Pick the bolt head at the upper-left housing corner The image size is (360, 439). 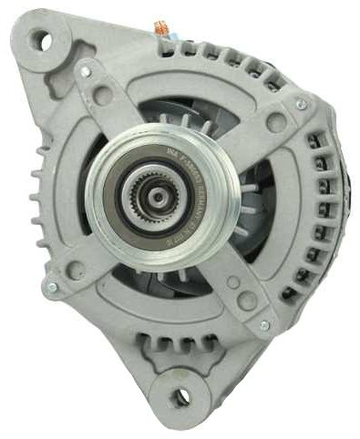click(x=85, y=70)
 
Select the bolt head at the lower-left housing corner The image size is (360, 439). click(x=51, y=288)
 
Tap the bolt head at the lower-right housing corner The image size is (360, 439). click(x=264, y=324)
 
